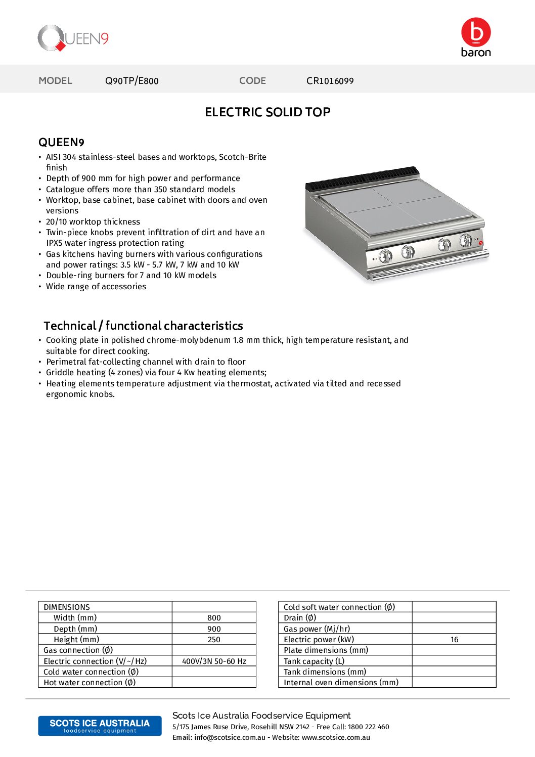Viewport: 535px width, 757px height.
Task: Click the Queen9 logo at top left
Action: click(73, 38)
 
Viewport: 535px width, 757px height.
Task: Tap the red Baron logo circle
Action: click(476, 32)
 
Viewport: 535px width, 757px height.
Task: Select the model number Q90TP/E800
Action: click(131, 81)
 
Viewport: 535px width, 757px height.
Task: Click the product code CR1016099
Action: click(330, 81)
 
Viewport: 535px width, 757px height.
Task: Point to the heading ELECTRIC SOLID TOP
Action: click(268, 112)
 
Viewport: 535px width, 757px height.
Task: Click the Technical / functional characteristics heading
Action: click(143, 326)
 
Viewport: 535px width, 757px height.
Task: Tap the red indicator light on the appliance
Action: click(480, 243)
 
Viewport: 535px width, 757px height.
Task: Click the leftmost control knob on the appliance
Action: click(386, 256)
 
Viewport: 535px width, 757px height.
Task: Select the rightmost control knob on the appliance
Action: click(466, 240)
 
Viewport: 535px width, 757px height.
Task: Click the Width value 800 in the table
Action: click(214, 618)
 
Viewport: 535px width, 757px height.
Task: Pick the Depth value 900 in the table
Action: click(214, 629)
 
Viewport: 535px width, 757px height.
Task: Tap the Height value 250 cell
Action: click(214, 640)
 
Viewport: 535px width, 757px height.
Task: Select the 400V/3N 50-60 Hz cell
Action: click(214, 661)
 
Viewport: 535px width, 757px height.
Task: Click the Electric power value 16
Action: click(454, 640)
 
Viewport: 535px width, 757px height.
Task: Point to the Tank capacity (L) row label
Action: click(314, 661)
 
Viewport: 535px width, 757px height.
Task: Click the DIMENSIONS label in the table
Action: click(67, 607)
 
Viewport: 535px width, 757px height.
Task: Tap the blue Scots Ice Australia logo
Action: click(100, 726)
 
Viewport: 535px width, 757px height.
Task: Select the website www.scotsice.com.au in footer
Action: click(336, 738)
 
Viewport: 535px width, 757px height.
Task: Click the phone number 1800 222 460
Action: click(368, 727)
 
